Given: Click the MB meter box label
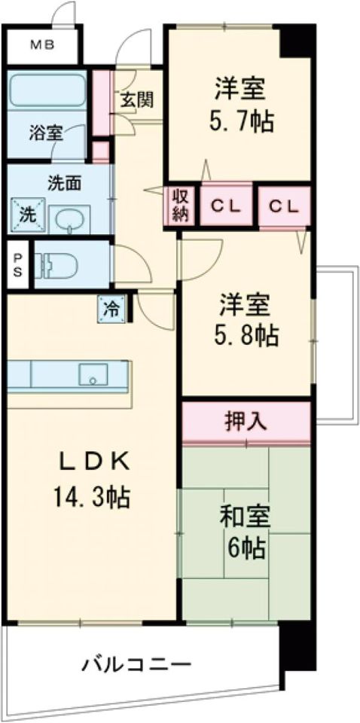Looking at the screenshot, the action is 43,45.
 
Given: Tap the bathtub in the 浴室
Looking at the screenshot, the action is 47,89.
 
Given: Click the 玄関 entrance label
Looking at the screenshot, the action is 137,99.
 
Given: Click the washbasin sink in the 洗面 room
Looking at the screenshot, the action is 69,220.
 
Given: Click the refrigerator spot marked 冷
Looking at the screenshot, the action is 111,308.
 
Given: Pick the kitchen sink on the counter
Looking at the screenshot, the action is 93,374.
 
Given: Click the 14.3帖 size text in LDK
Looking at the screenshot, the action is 92,496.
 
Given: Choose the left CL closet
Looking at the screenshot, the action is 226,206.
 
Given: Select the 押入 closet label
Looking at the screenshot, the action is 246,421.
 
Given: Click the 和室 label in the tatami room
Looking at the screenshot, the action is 244,518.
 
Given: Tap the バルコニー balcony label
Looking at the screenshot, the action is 137,665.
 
